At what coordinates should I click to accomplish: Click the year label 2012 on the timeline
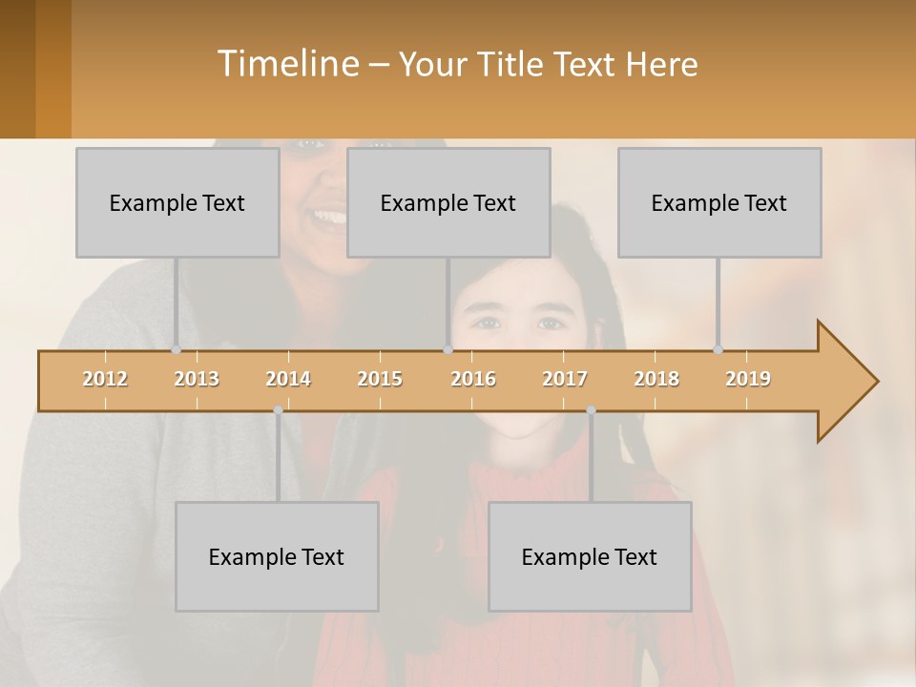(105, 379)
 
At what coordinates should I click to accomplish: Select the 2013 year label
(197, 379)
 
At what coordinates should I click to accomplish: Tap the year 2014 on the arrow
(288, 379)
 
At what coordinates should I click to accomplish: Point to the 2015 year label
(380, 379)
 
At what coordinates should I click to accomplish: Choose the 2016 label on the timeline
(473, 379)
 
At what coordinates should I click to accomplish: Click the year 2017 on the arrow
(565, 379)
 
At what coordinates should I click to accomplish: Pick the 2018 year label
(656, 379)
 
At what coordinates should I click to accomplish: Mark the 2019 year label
(748, 379)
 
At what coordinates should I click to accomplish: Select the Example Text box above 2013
(177, 202)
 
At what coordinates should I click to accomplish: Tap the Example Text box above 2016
(448, 202)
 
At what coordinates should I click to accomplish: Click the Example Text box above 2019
(719, 202)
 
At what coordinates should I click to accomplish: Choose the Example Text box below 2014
(277, 556)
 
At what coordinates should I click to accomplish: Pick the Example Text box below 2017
(590, 556)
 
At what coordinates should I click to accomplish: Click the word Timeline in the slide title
(286, 63)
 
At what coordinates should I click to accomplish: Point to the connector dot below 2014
(278, 410)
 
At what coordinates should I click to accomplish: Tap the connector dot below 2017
(591, 410)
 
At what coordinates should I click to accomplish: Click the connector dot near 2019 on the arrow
(718, 349)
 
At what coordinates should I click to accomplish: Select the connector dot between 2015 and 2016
(448, 349)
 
